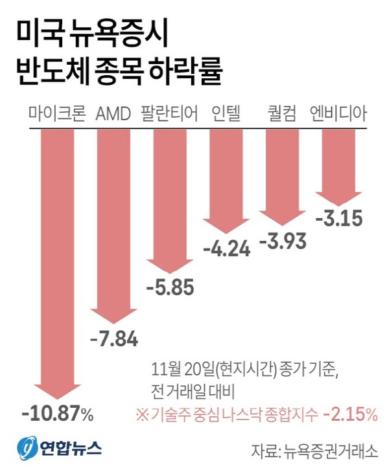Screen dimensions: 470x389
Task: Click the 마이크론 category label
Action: (57, 115)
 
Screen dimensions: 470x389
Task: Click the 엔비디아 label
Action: (338, 115)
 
